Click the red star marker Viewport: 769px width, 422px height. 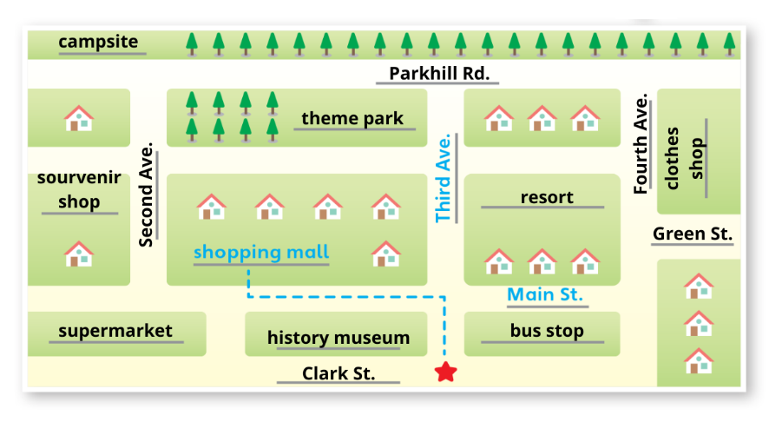point(446,372)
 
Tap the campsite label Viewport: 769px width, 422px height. point(98,43)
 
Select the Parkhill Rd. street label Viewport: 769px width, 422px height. point(439,74)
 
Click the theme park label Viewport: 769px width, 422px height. point(352,118)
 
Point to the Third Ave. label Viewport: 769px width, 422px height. point(444,178)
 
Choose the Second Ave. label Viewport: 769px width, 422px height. point(146,195)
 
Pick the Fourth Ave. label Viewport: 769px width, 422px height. point(641,144)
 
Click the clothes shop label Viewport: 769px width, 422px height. point(685,158)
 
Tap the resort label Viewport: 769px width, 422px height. point(547,197)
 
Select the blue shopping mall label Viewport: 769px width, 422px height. point(261,252)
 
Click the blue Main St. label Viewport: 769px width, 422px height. point(545,294)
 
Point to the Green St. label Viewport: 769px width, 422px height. point(693,234)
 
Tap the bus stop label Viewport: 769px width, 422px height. point(547,331)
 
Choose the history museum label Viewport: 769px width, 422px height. point(338,338)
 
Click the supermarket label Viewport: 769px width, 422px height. point(115,331)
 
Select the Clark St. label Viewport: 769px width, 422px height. point(338,373)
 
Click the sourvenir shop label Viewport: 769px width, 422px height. point(79,189)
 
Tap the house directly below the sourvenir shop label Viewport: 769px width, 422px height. point(79,254)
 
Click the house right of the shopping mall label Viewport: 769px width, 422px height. point(386,254)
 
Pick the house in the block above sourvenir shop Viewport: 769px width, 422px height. point(79,118)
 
